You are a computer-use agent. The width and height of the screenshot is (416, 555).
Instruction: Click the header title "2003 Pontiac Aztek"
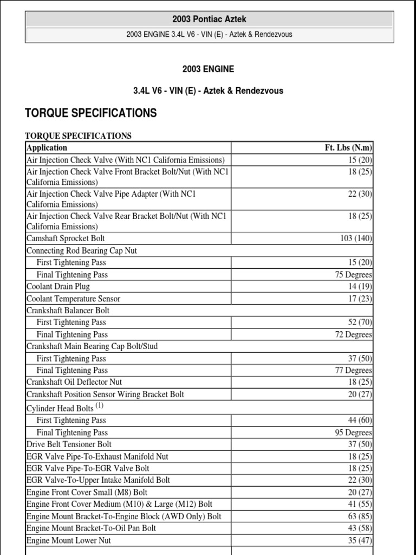(x=209, y=20)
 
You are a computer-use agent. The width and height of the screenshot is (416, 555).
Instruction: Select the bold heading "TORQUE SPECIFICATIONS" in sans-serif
(x=91, y=113)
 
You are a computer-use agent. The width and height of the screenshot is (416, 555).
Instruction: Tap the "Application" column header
(x=47, y=147)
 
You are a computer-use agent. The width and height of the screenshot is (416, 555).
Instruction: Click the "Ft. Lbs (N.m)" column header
(x=347, y=147)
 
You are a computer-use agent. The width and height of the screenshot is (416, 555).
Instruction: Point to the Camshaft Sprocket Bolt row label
(x=66, y=238)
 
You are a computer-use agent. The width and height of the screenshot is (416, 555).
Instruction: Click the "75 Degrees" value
(x=354, y=275)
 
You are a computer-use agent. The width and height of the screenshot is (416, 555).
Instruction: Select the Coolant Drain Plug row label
(x=58, y=287)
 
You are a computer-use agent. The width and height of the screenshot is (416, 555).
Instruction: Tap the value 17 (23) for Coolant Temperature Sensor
(x=360, y=299)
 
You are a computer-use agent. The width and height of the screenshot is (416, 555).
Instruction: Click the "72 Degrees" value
(x=354, y=334)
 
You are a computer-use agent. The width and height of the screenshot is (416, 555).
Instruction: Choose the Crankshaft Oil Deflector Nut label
(x=74, y=382)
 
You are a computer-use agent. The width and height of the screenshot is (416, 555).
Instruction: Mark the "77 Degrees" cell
(x=354, y=371)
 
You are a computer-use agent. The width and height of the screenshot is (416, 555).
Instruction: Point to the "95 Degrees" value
(x=354, y=433)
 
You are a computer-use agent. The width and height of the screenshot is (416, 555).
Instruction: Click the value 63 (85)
(x=360, y=517)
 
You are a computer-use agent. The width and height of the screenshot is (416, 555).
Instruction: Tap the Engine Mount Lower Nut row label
(x=69, y=540)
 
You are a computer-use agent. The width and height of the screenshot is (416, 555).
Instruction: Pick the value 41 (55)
(x=360, y=505)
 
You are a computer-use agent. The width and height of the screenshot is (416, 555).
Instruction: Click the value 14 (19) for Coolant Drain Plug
(x=360, y=287)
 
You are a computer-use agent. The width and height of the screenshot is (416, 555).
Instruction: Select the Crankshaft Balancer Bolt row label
(x=68, y=311)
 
